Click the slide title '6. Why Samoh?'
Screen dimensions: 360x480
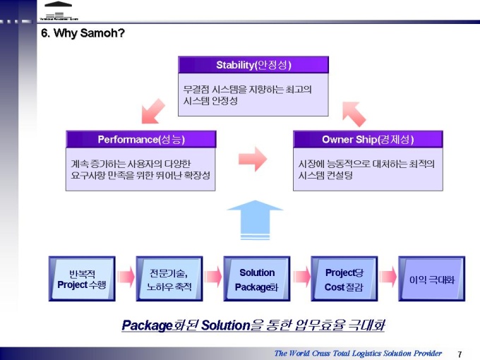tap(83, 32)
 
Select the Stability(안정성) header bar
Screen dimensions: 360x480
tap(253, 65)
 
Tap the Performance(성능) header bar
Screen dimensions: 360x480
tap(140, 138)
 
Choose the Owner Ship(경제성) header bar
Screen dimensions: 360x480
tap(367, 138)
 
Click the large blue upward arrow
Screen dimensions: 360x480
tap(255, 219)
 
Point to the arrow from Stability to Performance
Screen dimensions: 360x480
tap(154, 109)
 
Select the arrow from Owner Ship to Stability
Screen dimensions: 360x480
tap(353, 111)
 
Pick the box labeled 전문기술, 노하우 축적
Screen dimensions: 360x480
tap(169, 279)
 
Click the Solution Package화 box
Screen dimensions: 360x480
tap(257, 279)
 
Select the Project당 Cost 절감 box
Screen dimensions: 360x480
tap(344, 279)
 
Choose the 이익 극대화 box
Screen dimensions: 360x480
tap(432, 279)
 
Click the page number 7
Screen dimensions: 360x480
tap(460, 354)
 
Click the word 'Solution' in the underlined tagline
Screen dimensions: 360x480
tap(226, 325)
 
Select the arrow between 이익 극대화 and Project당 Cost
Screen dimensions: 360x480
tap(388, 277)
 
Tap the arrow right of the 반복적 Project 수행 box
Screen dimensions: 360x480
tap(126, 277)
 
